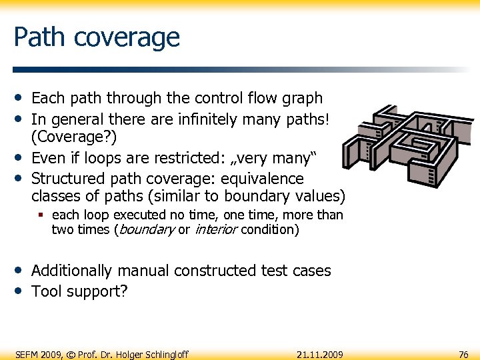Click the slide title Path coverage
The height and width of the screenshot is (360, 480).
(x=97, y=37)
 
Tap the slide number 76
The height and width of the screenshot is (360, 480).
(x=463, y=354)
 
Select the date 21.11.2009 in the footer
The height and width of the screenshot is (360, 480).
(x=320, y=354)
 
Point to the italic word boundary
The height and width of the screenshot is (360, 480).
(x=147, y=230)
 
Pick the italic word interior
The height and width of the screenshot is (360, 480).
(x=216, y=230)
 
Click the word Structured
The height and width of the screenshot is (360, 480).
(x=67, y=179)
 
